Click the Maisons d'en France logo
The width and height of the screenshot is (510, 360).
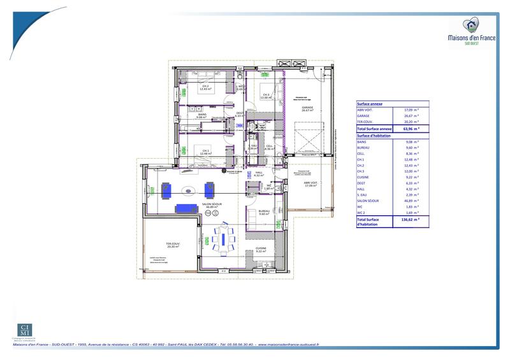(472, 32)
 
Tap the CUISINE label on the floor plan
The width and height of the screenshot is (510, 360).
(261, 248)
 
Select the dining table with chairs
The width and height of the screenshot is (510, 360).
(223, 238)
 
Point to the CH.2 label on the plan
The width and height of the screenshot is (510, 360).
(205, 86)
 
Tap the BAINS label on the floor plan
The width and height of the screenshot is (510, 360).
(202, 115)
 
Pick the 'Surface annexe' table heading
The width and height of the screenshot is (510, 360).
(370, 103)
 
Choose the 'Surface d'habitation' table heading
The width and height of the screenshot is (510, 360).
(374, 136)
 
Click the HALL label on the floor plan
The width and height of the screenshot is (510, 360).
(259, 173)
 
